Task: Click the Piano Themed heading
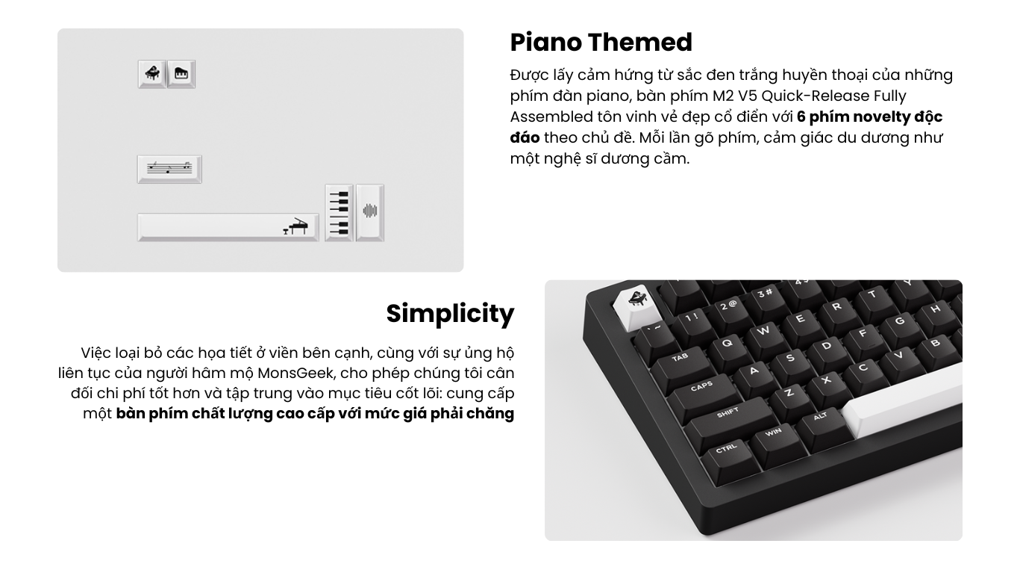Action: pyautogui.click(x=601, y=43)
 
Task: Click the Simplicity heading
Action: pyautogui.click(x=450, y=314)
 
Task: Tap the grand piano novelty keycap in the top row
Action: pyautogui.click(x=151, y=73)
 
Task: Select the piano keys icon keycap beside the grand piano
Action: pyautogui.click(x=181, y=73)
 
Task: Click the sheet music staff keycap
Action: pyautogui.click(x=169, y=169)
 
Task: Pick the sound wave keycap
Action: pyautogui.click(x=370, y=212)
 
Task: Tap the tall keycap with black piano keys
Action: pyautogui.click(x=339, y=212)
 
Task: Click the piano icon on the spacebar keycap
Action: pyautogui.click(x=295, y=226)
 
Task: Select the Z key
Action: pyautogui.click(x=790, y=394)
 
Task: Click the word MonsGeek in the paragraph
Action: pyautogui.click(x=295, y=374)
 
